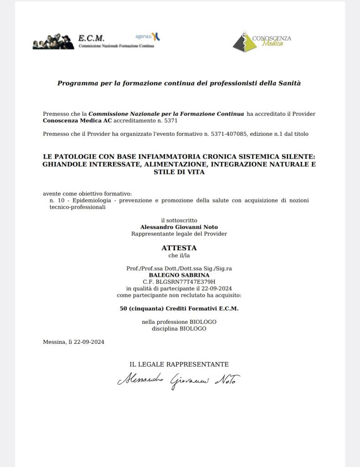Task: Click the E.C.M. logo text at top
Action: (x=91, y=38)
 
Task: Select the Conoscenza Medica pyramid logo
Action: (x=244, y=42)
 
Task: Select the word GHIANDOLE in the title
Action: (x=65, y=164)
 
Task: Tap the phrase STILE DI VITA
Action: (x=179, y=172)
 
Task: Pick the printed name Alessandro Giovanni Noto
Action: (x=179, y=227)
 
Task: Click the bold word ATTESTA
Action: (x=179, y=248)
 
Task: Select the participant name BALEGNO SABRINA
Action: (x=179, y=275)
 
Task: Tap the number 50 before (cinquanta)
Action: (x=123, y=308)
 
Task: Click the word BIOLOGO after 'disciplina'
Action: (x=193, y=328)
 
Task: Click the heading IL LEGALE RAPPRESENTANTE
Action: (x=179, y=364)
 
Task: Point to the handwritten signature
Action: (x=179, y=379)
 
